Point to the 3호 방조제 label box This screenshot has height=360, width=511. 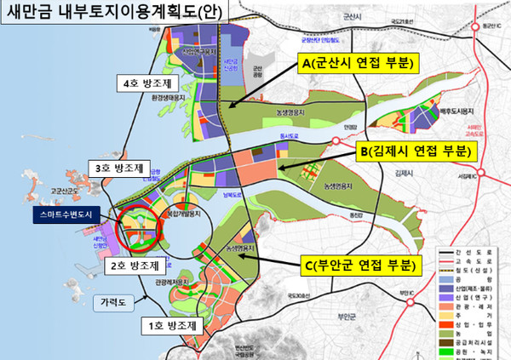coord(119,166)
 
